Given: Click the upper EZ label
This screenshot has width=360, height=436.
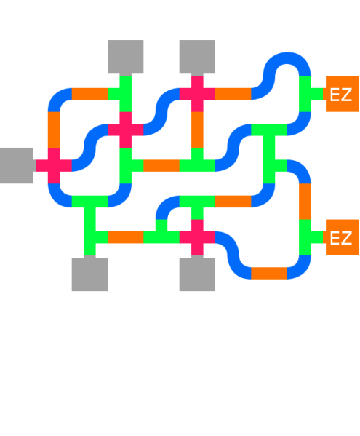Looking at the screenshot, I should click(x=340, y=95).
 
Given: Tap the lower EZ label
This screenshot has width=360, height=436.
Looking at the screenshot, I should click(x=340, y=239).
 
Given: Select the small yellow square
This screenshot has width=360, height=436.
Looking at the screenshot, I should click(x=185, y=153).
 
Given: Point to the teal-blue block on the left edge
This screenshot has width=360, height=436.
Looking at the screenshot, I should click(x=17, y=196).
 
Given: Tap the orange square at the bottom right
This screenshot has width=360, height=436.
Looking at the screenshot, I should click(x=269, y=279).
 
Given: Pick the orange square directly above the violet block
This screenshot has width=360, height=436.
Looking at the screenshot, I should click(x=161, y=171).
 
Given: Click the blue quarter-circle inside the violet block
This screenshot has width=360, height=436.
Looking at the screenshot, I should click(x=169, y=208).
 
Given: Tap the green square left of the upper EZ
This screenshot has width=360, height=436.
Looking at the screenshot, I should click(x=311, y=93).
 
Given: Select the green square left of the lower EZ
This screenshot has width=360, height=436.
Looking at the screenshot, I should click(x=311, y=237).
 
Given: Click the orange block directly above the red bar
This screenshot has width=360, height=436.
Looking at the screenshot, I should click(x=233, y=207).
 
